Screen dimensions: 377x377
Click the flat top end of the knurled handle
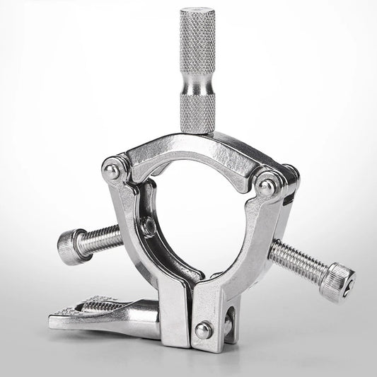pyautogui.click(x=197, y=12)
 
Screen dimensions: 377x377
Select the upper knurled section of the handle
pyautogui.click(x=197, y=42)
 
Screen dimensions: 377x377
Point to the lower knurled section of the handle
pyautogui.click(x=197, y=113)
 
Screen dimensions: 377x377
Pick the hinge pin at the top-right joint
pyautogui.click(x=267, y=186)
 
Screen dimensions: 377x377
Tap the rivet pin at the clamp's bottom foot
pyautogui.click(x=204, y=330)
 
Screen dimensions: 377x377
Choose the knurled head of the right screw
pyautogui.click(x=335, y=280)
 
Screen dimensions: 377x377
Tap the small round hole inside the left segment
pyautogui.click(x=149, y=227)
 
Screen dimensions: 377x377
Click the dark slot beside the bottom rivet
pyautogui.click(x=228, y=322)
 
